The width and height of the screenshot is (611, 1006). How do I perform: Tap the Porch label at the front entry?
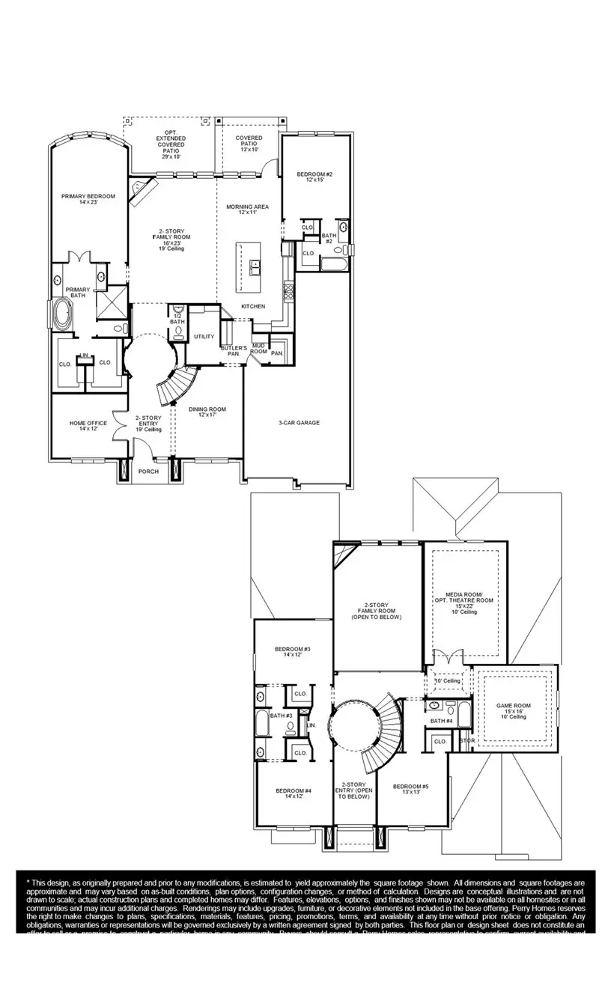click(x=148, y=472)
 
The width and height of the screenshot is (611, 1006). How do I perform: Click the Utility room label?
click(x=204, y=337)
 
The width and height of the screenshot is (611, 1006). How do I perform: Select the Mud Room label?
click(x=258, y=349)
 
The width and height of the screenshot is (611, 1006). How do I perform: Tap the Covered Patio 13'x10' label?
click(x=249, y=141)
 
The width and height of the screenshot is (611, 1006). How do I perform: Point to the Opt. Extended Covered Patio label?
click(x=171, y=143)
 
